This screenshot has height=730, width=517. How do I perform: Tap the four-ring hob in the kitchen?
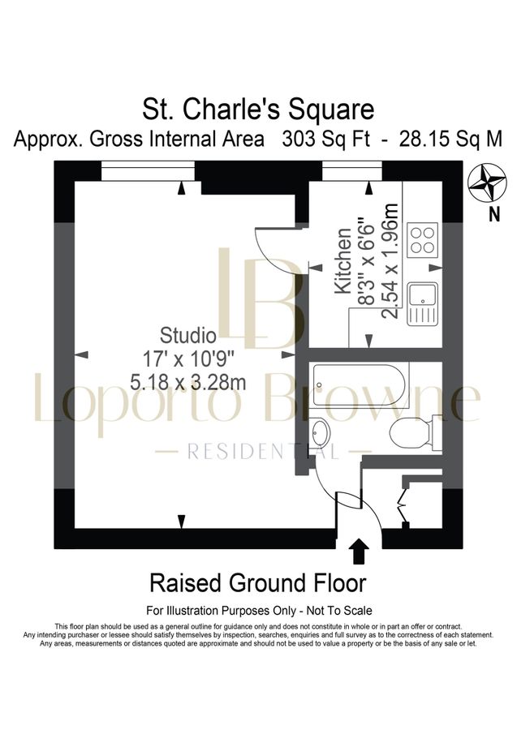(423, 238)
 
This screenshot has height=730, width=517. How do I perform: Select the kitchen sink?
(422, 302)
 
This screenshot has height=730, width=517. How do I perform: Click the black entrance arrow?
(358, 552)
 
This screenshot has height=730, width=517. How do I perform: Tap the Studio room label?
(187, 334)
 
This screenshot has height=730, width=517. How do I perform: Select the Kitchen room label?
(343, 268)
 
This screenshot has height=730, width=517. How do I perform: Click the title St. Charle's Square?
(258, 108)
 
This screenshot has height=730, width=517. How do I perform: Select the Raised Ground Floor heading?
(257, 582)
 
